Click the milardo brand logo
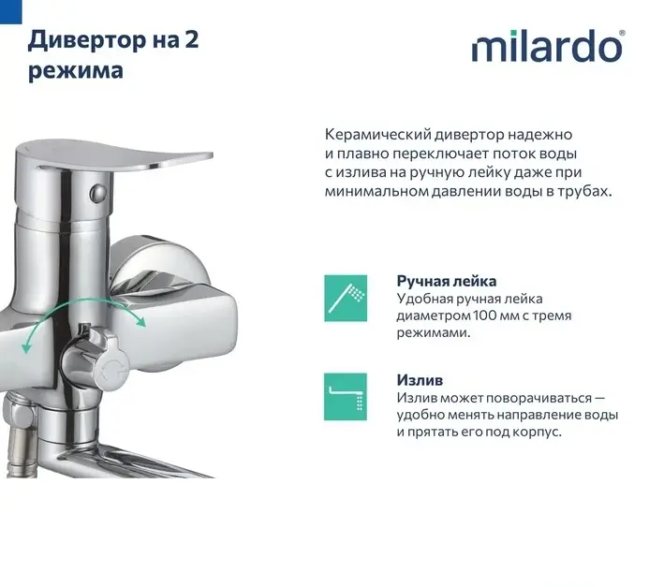[x=548, y=46]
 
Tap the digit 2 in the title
[x=191, y=39]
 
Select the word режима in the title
[x=76, y=71]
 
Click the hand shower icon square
[x=346, y=298]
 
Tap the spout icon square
[x=346, y=397]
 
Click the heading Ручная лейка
[x=447, y=281]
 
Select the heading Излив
[x=420, y=380]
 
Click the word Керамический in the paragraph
[x=377, y=135]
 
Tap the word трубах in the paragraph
[x=584, y=192]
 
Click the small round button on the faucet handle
[x=97, y=192]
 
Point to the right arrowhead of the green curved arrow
[x=140, y=321]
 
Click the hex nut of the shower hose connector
[x=19, y=415]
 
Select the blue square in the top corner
[x=10, y=11]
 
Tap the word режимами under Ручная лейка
[x=434, y=332]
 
